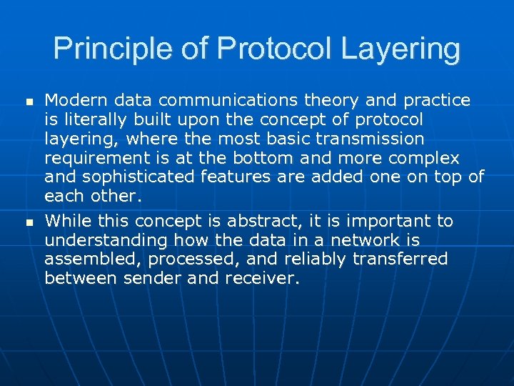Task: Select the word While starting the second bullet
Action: pyautogui.click(x=67, y=221)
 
